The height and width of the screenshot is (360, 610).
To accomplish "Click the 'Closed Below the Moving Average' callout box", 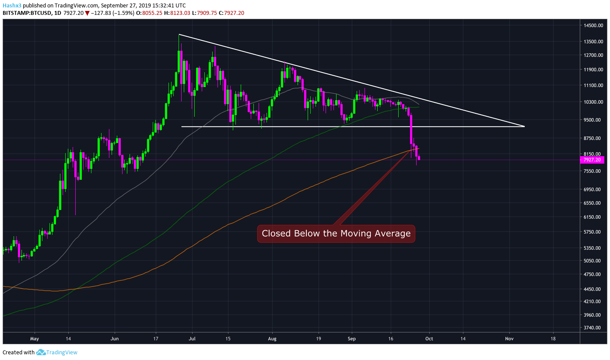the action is [x=336, y=234].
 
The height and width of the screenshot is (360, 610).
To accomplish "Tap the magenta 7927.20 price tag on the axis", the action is [x=592, y=160].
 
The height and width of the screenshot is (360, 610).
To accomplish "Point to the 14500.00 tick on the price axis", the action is [x=593, y=25].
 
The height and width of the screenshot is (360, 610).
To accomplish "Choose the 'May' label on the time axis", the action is [x=35, y=339].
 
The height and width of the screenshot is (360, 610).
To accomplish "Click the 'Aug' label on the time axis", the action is [x=272, y=339].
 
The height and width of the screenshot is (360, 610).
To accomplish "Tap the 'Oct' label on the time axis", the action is [x=429, y=339].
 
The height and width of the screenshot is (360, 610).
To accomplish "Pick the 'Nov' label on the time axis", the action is [x=509, y=339].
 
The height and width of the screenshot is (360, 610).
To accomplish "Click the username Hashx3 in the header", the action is [x=12, y=5].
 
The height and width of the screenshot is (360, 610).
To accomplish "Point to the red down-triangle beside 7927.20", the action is [x=87, y=13].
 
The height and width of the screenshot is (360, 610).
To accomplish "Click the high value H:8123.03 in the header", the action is [x=177, y=13].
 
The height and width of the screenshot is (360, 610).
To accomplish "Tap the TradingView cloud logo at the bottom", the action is [x=41, y=352].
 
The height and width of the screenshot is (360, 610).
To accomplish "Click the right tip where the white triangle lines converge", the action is [x=525, y=126].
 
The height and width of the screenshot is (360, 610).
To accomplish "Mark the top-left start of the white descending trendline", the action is [x=179, y=34].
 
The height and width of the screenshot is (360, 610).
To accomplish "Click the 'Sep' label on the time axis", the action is [x=351, y=339].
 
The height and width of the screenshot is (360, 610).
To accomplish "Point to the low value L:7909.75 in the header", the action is [x=204, y=13].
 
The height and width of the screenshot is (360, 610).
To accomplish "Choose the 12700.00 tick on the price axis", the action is [x=593, y=55].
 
